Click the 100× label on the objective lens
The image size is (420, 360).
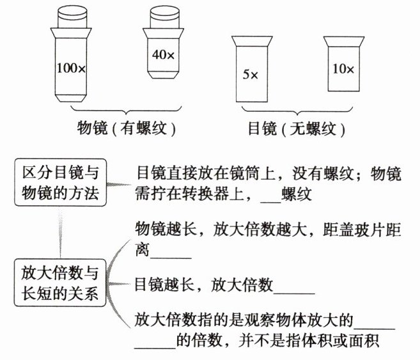72,67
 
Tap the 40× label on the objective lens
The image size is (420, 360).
163,55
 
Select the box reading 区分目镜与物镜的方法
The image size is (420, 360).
60,182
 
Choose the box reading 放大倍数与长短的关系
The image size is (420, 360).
60,285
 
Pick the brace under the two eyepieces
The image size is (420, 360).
297,111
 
